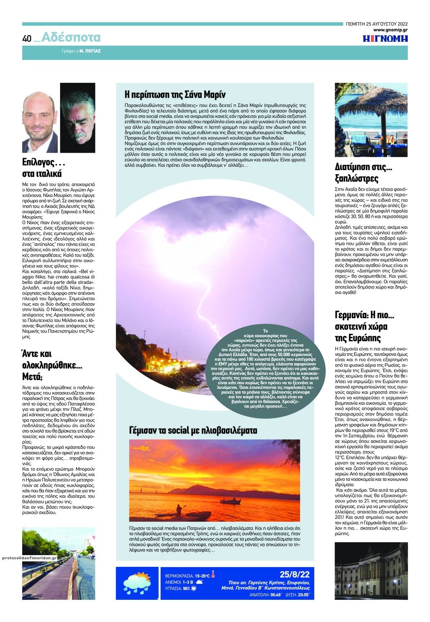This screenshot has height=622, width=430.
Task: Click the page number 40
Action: (x=27, y=39)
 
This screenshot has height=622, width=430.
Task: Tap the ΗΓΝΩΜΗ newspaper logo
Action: (x=385, y=39)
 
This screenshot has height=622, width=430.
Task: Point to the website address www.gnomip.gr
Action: (x=390, y=30)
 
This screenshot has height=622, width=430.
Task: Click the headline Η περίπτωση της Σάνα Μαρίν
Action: (x=175, y=94)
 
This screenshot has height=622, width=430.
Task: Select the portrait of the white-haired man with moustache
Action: (x=77, y=118)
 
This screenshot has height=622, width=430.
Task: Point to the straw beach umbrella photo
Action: (x=371, y=120)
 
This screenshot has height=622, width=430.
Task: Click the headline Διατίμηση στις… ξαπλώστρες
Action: (x=358, y=173)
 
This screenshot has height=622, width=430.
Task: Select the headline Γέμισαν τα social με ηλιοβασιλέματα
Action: (x=193, y=430)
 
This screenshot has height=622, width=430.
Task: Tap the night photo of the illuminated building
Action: (x=371, y=571)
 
